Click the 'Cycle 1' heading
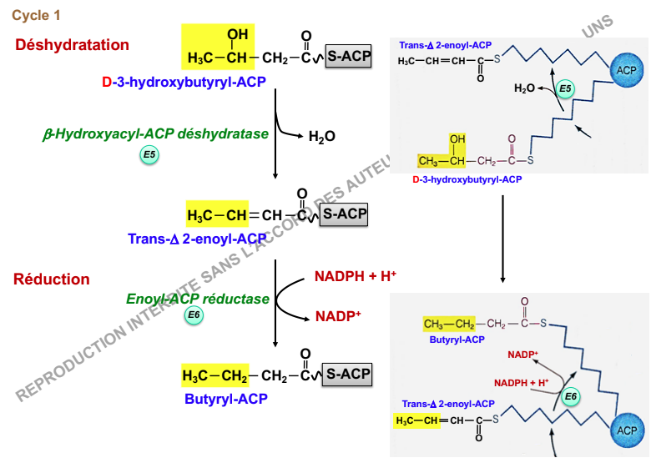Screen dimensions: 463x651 tap(36, 15)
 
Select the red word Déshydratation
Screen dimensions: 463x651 tap(73, 45)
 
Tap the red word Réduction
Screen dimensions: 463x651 tap(52, 279)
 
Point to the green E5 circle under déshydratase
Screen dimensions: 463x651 tap(149, 154)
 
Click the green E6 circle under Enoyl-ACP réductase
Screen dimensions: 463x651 tap(194, 315)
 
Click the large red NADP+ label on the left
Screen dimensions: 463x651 tap(337, 316)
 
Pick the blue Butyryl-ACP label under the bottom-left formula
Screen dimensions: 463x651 tap(226, 399)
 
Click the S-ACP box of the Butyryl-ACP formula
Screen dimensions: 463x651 tap(347, 375)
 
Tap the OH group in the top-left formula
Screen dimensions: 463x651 tap(238, 35)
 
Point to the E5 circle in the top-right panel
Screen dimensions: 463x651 tap(565, 88)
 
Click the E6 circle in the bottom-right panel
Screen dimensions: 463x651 tap(571, 396)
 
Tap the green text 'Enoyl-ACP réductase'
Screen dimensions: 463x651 tap(198, 299)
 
